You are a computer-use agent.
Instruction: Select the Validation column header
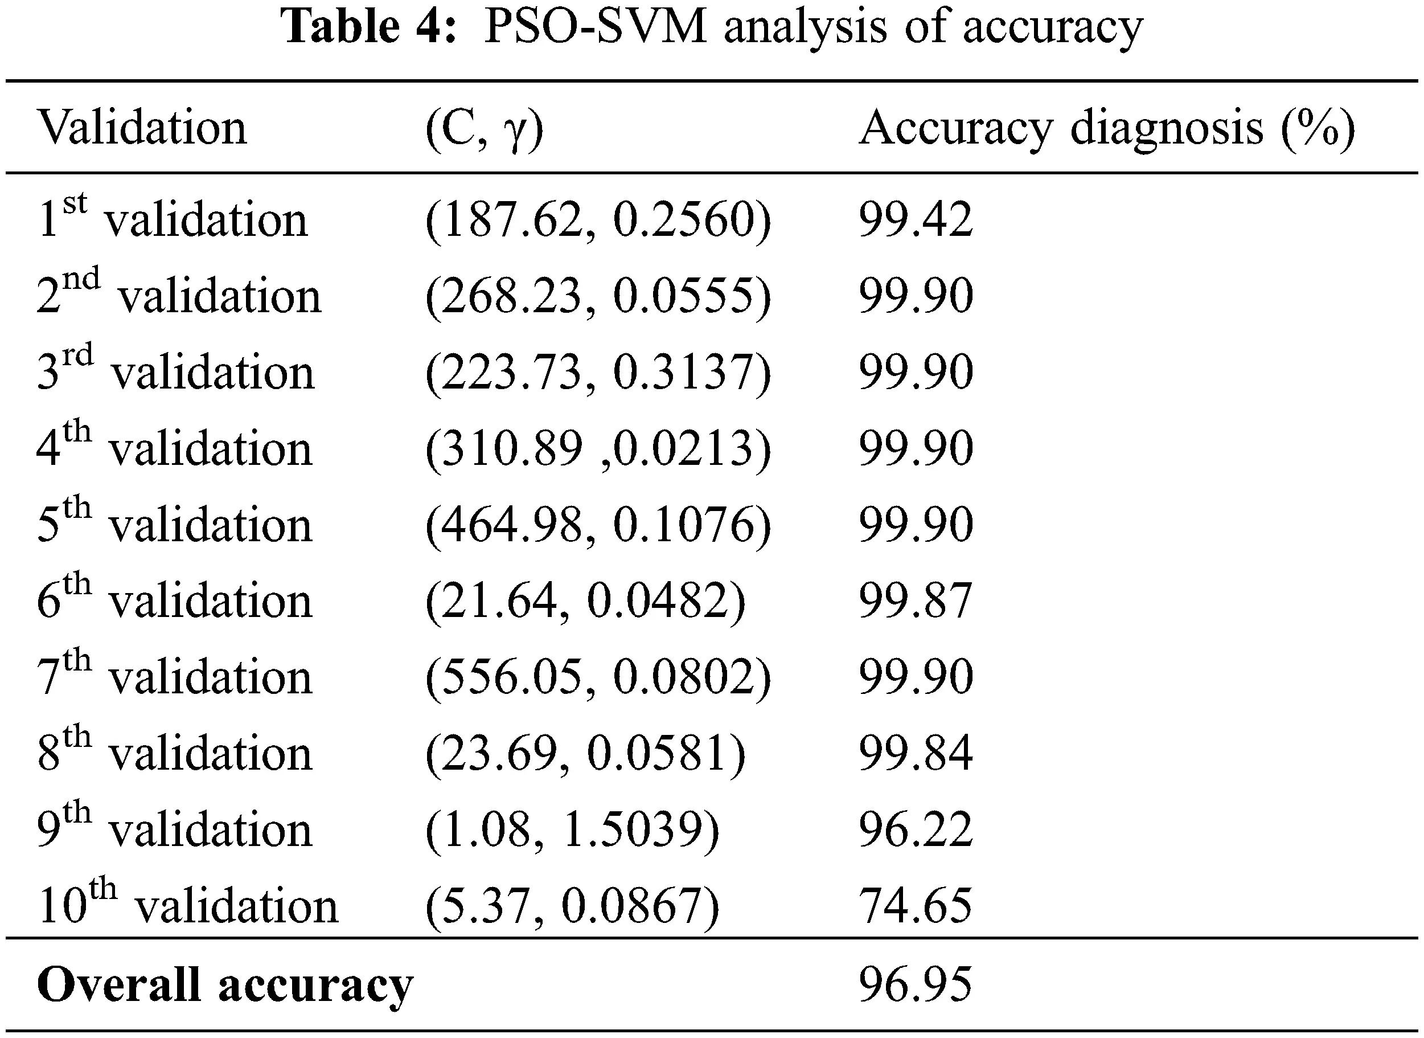pos(142,128)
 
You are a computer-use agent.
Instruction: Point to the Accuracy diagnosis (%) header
pos(1106,129)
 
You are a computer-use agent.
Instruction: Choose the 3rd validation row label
pos(175,371)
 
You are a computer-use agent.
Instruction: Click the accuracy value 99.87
pos(916,600)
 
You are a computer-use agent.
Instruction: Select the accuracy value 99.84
pos(916,753)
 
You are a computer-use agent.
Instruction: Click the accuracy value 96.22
pos(916,829)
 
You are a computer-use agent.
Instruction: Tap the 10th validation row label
pos(188,905)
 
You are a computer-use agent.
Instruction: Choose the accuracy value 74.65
pos(916,905)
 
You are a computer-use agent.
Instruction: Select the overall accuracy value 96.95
pos(916,984)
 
